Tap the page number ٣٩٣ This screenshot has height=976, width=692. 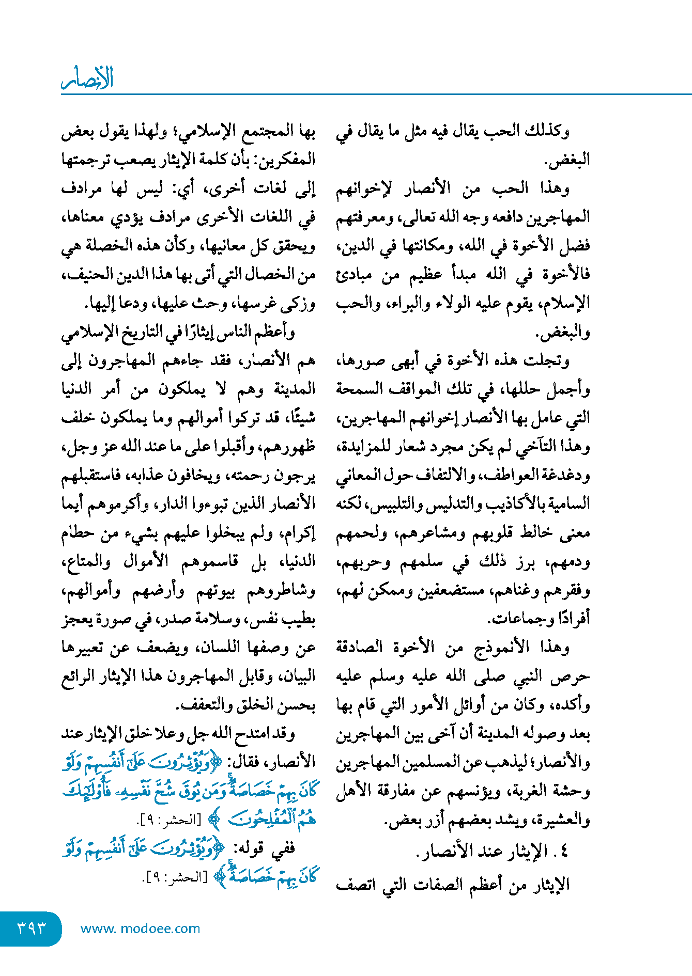tap(32, 928)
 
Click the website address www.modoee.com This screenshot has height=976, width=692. tap(140, 928)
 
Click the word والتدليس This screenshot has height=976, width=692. tap(452, 504)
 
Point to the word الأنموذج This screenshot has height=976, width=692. tap(501, 648)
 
